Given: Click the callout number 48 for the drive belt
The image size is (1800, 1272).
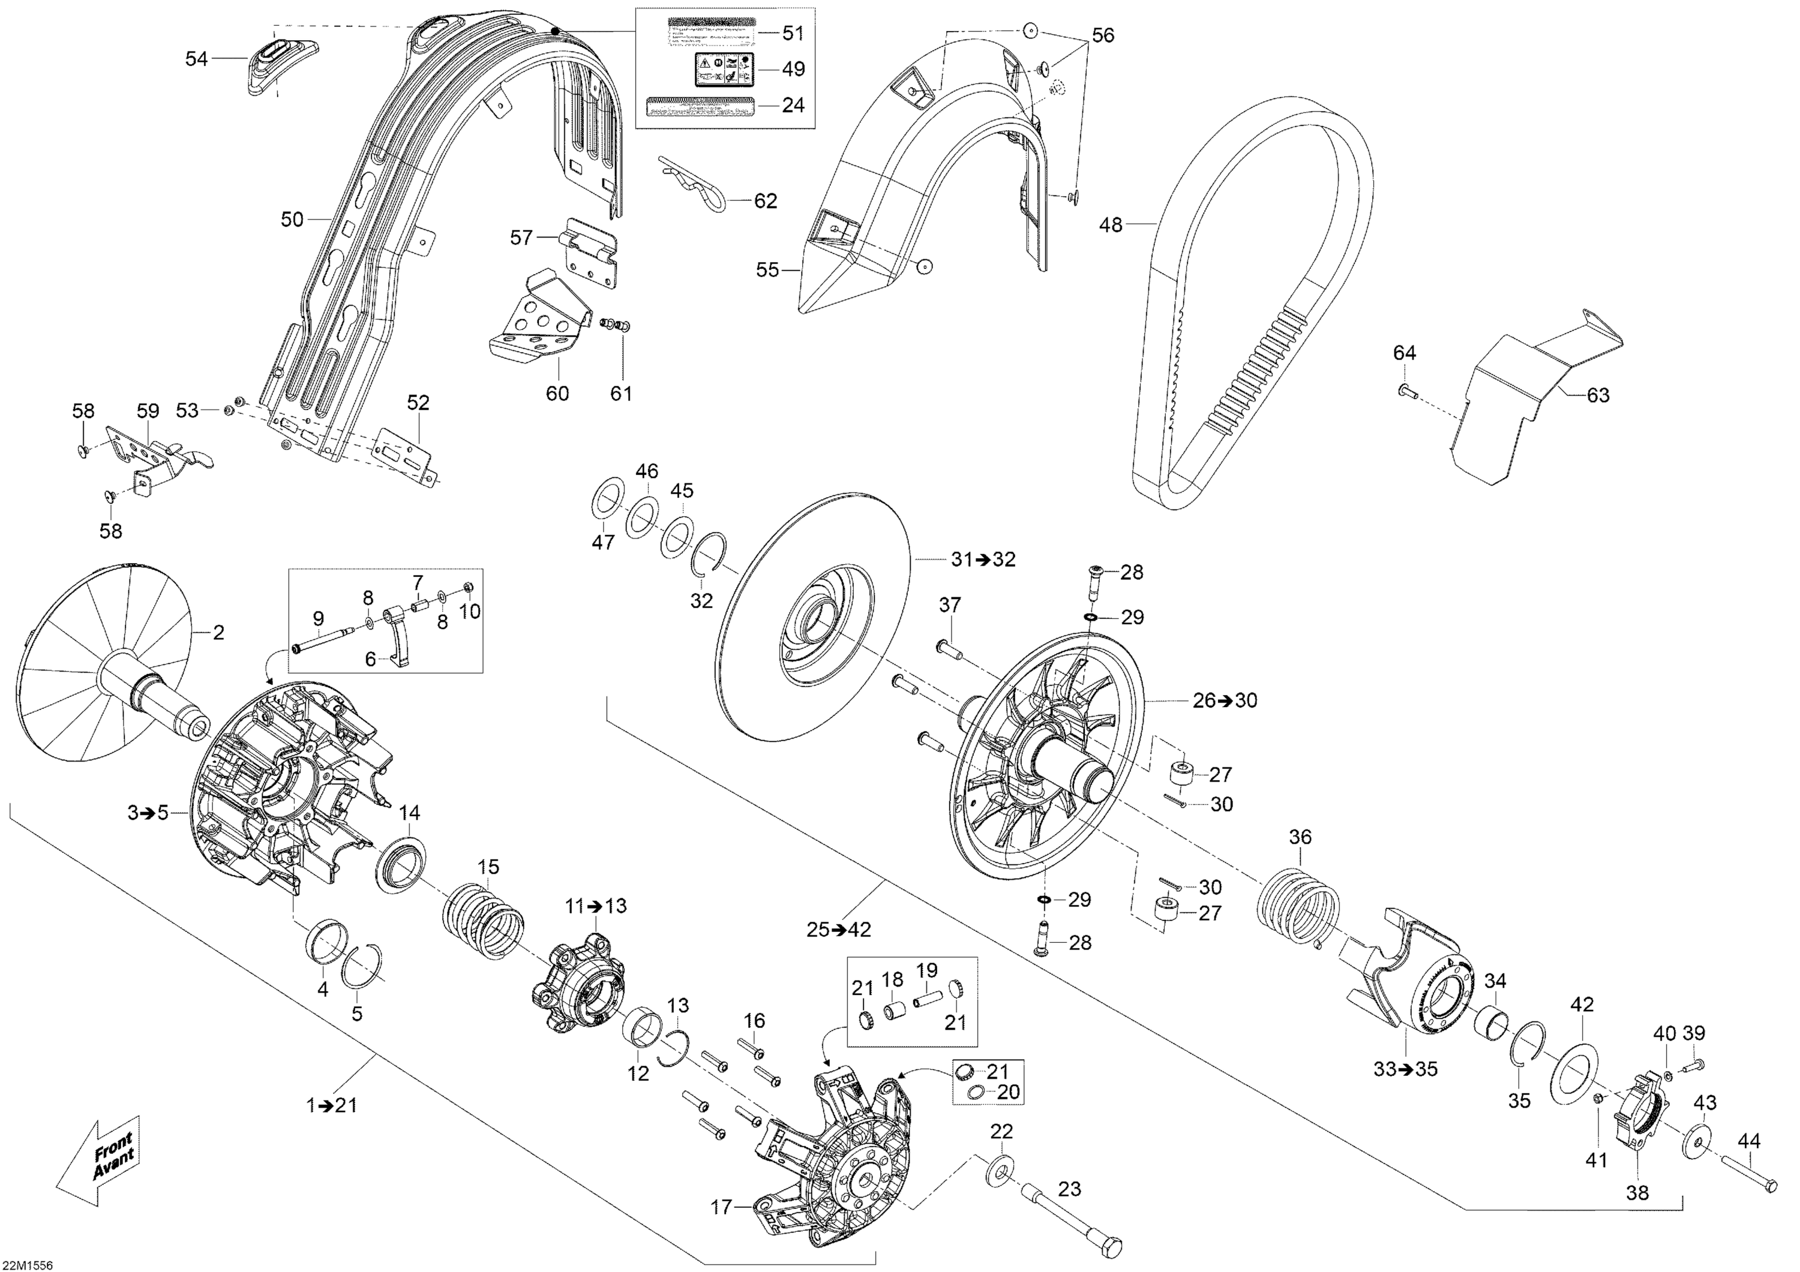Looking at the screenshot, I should (x=1111, y=225).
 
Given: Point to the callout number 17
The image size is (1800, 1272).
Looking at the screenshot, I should (x=721, y=1208).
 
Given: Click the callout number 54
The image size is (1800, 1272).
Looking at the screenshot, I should (x=196, y=59).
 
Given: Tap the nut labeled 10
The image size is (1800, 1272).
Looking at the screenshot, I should (x=467, y=588).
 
